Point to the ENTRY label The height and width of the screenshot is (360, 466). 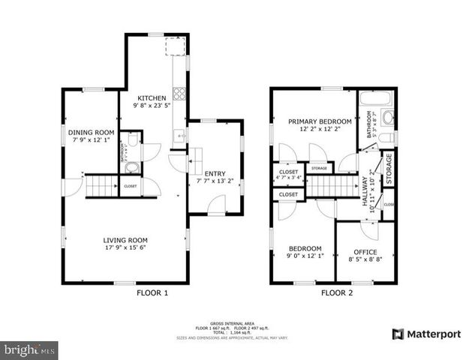pos(215,172)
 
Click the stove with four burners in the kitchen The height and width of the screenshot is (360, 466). pos(179,94)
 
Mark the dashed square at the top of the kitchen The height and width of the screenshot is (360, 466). pos(175,48)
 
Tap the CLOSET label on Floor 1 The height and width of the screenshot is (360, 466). pos(131,185)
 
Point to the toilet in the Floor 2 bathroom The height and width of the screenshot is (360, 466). pos(386,137)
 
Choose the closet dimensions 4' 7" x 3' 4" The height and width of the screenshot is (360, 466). pos(289,178)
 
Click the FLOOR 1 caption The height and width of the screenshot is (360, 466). pos(151,293)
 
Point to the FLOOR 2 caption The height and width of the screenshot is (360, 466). pos(336,293)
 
